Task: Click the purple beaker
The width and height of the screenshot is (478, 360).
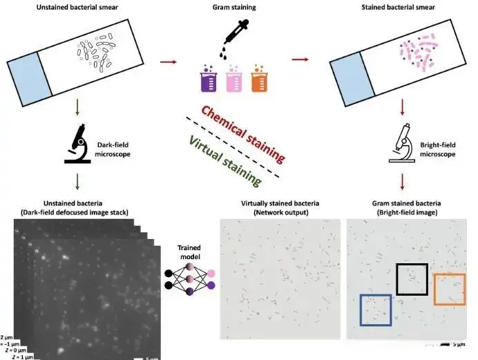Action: point(208,81)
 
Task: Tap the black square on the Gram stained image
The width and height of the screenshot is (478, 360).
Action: point(412,279)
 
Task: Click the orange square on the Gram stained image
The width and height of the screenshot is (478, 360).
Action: point(449,289)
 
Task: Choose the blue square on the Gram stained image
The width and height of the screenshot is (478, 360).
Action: point(375,310)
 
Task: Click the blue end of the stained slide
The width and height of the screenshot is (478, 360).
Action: point(350,77)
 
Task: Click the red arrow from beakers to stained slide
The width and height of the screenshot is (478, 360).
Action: point(299,59)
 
